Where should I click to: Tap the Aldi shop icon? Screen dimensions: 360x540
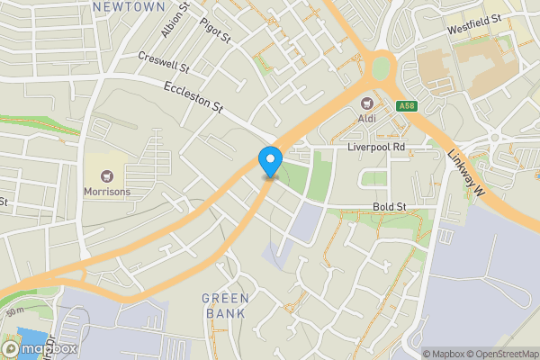[367, 103]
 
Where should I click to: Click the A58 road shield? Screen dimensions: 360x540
[406, 106]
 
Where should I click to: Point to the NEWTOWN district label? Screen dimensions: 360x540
[129, 6]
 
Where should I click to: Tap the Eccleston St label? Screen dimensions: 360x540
[193, 97]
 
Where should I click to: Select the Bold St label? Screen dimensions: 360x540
[390, 207]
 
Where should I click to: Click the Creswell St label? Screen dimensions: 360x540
[164, 61]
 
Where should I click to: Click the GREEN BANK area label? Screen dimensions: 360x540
[224, 306]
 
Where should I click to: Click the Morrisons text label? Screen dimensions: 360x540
[107, 192]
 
